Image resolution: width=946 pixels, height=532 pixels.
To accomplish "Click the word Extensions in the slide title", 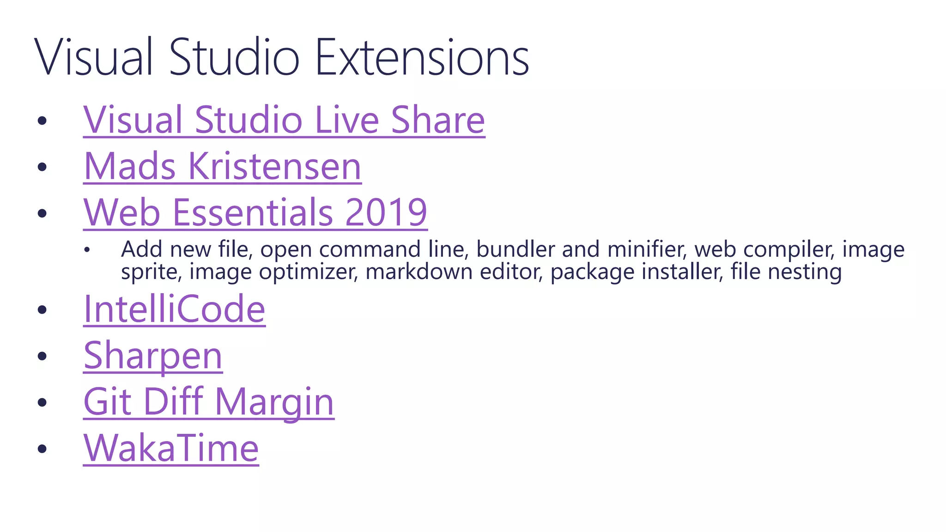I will (422, 57).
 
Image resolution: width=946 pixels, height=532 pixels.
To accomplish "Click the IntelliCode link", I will (174, 309).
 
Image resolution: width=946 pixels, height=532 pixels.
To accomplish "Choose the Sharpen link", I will (153, 356).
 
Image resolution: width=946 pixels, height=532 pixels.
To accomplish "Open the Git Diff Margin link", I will (209, 402).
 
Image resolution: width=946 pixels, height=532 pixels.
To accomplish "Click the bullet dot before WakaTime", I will (42, 449).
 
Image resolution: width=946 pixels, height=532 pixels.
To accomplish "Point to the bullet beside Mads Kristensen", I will (42, 167).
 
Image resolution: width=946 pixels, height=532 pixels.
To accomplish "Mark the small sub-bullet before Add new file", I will (87, 250).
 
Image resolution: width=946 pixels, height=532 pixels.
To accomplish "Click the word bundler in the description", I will (515, 249).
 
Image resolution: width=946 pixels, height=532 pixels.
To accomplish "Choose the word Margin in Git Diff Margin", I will (274, 402).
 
